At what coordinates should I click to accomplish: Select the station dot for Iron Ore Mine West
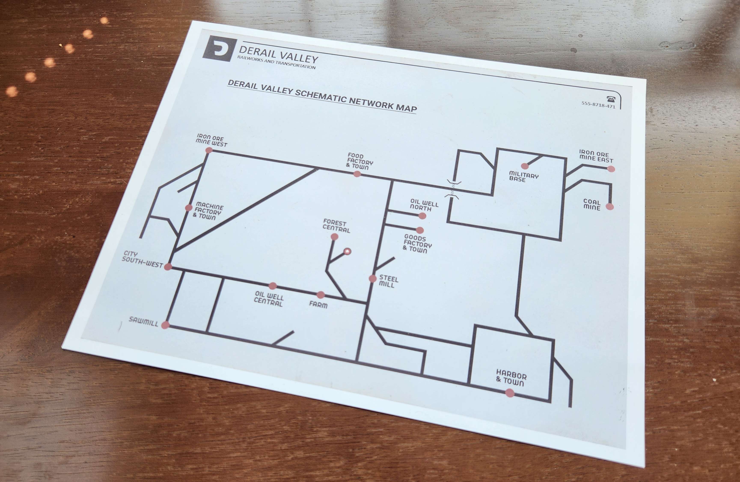click(x=209, y=150)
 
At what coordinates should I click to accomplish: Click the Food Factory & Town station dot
click(x=357, y=174)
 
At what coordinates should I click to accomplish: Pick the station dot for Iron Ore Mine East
click(x=611, y=169)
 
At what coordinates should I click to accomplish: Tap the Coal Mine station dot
click(x=610, y=207)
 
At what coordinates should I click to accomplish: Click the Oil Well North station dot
click(x=422, y=216)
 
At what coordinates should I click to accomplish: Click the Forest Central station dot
click(x=334, y=237)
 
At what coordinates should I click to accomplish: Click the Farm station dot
click(x=321, y=295)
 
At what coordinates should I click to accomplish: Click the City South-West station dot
click(x=168, y=266)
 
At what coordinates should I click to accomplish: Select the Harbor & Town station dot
click(x=510, y=393)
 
